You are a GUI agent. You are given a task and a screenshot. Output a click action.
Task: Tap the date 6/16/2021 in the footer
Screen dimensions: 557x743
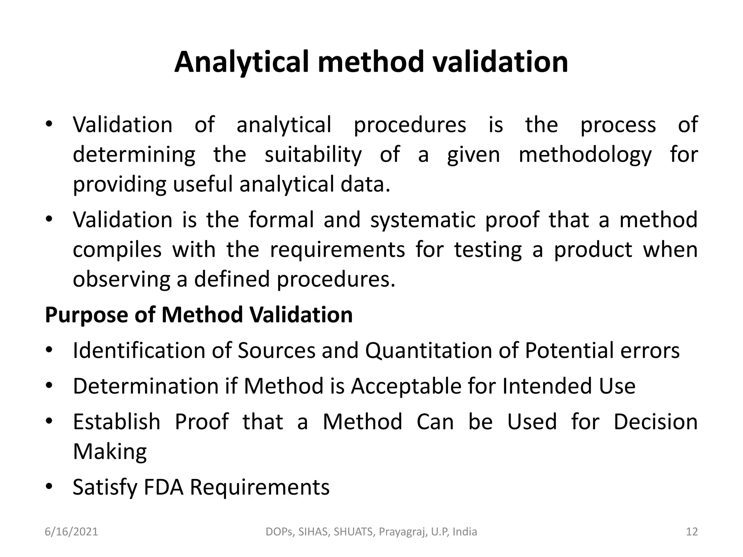click(71, 532)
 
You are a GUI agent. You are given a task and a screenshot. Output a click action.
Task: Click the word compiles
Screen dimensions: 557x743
click(117, 250)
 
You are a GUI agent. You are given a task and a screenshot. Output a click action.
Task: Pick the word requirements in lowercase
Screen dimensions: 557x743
click(337, 250)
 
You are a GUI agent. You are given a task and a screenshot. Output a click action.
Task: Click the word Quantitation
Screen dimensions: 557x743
click(428, 351)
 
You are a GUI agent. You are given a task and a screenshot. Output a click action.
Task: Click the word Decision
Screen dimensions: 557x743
click(656, 422)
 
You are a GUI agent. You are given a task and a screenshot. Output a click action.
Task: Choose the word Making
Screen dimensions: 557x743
click(110, 452)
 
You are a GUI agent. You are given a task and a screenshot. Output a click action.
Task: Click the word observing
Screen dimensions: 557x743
click(122, 280)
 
